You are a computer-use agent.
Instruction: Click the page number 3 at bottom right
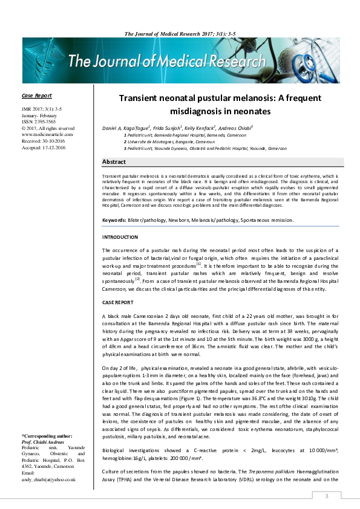click(x=327, y=496)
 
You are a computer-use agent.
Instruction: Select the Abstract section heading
click(x=114, y=162)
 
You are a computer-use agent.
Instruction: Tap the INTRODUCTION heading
click(x=120, y=237)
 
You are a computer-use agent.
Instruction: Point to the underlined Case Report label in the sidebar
click(x=36, y=96)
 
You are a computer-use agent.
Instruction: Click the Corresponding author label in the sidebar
click(x=47, y=436)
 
